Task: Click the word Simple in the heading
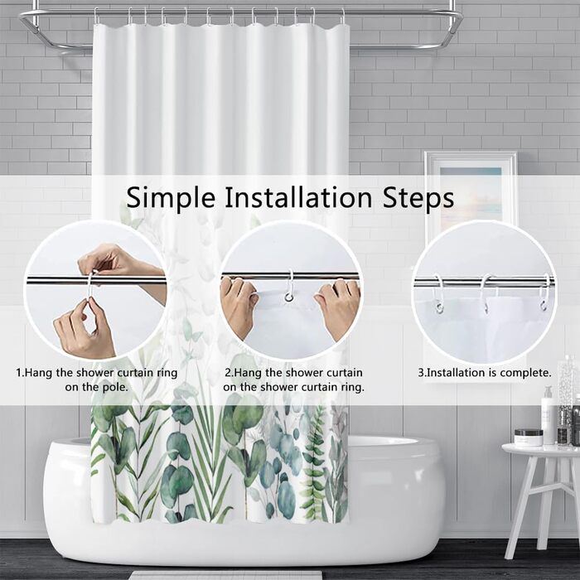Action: [x=171, y=198]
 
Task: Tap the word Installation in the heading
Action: [x=298, y=197]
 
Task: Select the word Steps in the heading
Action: [x=418, y=198]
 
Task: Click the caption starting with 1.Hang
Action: [x=97, y=379]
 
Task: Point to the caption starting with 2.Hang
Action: [x=293, y=379]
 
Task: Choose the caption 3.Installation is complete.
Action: [x=485, y=373]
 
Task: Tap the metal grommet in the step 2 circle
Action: [x=289, y=297]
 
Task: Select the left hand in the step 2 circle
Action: [x=237, y=305]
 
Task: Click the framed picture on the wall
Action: [x=471, y=192]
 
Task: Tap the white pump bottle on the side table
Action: [x=548, y=415]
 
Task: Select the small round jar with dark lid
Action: [x=529, y=437]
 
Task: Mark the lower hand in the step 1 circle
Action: [x=85, y=329]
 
